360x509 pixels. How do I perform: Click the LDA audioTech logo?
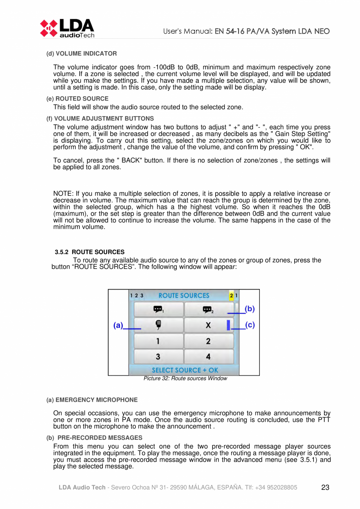pyautogui.click(x=67, y=28)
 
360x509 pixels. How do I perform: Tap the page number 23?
pyautogui.click(x=325, y=487)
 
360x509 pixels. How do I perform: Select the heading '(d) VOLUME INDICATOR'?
pyautogui.click(x=81, y=53)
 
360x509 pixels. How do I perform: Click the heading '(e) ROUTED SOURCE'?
pyautogui.click(x=77, y=99)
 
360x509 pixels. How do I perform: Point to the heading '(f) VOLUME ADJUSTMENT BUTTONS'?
pyautogui.click(x=100, y=118)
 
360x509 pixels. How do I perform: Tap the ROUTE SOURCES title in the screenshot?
pyautogui.click(x=183, y=295)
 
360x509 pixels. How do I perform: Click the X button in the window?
pyautogui.click(x=208, y=325)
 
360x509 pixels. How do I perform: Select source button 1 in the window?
pyautogui.click(x=158, y=341)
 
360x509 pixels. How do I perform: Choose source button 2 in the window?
pyautogui.click(x=208, y=341)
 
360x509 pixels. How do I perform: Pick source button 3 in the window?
pyautogui.click(x=158, y=356)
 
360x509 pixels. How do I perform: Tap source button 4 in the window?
pyautogui.click(x=208, y=356)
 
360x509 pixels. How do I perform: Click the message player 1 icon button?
pyautogui.click(x=158, y=309)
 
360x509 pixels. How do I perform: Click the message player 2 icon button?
pyautogui.click(x=208, y=309)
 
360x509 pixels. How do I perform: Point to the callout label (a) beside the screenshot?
pyautogui.click(x=118, y=325)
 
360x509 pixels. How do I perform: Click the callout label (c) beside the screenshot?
pyautogui.click(x=250, y=325)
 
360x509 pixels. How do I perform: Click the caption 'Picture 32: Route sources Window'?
pyautogui.click(x=185, y=379)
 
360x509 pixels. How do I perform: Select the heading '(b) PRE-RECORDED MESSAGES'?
pyautogui.click(x=94, y=437)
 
